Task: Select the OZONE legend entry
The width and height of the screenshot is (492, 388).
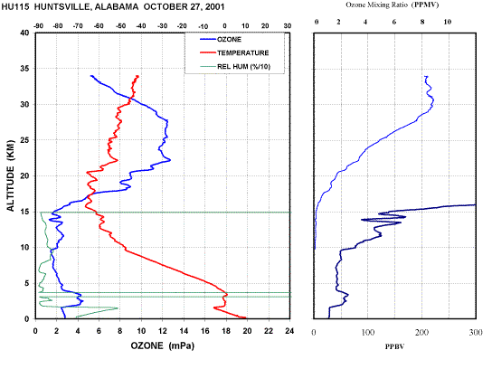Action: click(221, 40)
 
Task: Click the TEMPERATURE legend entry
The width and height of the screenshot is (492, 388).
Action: click(234, 53)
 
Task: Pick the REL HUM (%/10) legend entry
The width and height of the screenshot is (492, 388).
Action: click(235, 67)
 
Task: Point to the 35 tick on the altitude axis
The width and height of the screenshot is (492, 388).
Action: click(25, 69)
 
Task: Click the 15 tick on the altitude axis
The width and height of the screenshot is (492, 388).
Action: click(25, 212)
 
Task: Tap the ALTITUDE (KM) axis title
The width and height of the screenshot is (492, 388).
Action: click(10, 175)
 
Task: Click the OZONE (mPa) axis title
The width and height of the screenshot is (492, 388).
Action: click(163, 345)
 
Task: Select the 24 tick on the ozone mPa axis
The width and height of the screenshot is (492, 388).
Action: click(289, 331)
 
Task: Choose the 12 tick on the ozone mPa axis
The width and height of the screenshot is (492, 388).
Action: click(162, 331)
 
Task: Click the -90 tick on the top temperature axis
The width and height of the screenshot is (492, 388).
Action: click(38, 26)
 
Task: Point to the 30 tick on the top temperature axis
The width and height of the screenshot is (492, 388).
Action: click(288, 26)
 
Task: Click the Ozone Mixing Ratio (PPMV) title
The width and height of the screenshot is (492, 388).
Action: click(393, 5)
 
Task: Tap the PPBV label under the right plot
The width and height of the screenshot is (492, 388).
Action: click(394, 347)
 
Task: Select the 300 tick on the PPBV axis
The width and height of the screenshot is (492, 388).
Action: click(476, 333)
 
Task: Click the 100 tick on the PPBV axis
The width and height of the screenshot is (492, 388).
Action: click(368, 333)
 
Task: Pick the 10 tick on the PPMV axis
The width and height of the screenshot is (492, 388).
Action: click(448, 22)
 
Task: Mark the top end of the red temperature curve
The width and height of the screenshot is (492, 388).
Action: click(137, 76)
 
